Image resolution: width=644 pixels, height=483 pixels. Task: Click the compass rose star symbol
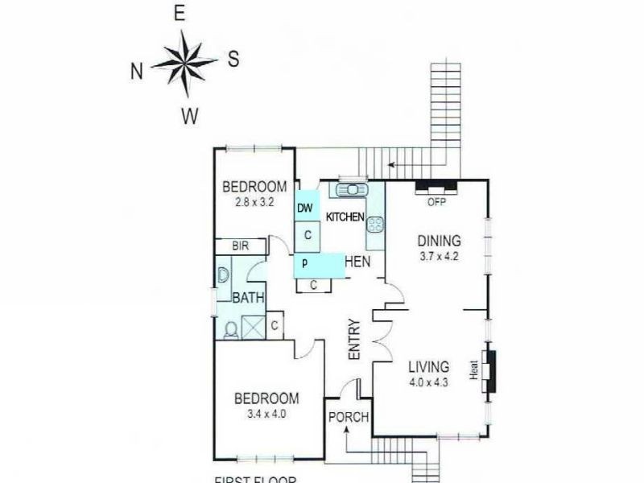click(184, 62)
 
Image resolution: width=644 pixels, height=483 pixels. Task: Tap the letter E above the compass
click(180, 13)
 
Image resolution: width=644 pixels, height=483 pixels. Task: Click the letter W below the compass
click(189, 117)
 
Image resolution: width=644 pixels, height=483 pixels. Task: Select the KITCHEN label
click(345, 217)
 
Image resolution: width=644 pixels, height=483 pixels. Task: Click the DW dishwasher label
click(304, 208)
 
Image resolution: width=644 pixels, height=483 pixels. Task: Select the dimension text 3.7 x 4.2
click(438, 258)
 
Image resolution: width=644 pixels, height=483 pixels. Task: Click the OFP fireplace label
click(436, 201)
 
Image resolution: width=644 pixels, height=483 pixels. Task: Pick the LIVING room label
click(427, 367)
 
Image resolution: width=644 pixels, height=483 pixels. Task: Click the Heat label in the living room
click(474, 371)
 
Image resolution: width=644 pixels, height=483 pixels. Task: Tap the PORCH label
click(349, 417)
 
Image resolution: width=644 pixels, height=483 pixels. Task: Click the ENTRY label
click(353, 343)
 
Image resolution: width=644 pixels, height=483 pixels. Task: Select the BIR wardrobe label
click(240, 246)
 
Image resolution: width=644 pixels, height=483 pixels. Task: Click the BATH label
click(249, 298)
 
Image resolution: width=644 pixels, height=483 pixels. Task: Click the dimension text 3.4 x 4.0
click(266, 415)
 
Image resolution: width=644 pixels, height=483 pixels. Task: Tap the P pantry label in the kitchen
click(305, 263)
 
